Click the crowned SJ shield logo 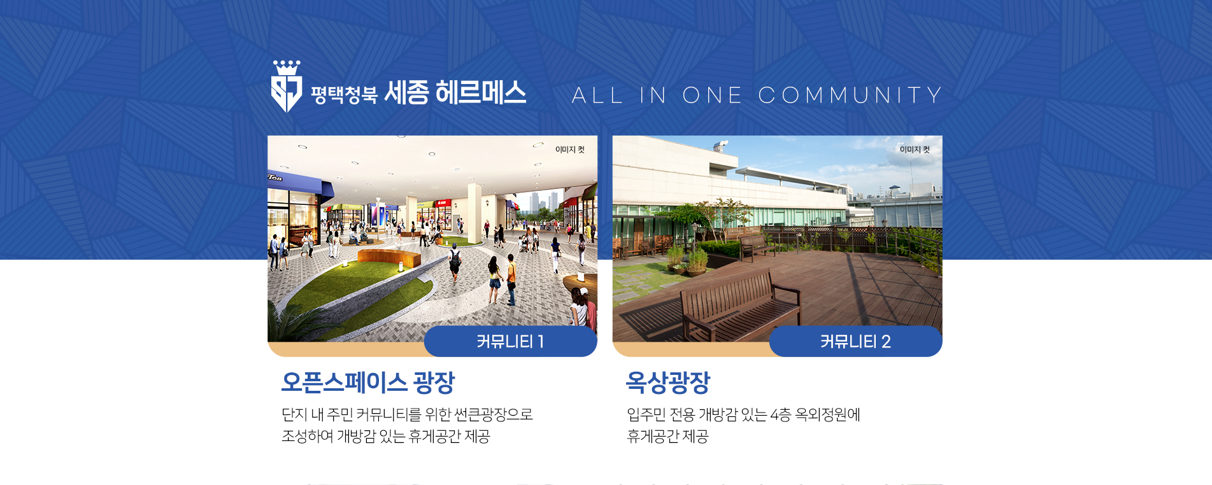click(287, 87)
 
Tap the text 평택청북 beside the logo click(344, 95)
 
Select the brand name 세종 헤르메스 click(455, 93)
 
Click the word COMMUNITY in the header click(850, 95)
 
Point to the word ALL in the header click(597, 95)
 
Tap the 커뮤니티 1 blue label click(510, 341)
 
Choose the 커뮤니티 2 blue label click(855, 341)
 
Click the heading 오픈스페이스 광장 click(368, 382)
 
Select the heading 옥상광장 click(668, 382)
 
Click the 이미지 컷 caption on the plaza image click(570, 150)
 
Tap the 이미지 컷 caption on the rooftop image click(915, 150)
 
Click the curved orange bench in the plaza click(389, 258)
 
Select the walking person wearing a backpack click(454, 264)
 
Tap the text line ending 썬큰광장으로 click(407, 415)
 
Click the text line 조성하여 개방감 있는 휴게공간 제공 click(385, 437)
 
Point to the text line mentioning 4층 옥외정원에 click(743, 415)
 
